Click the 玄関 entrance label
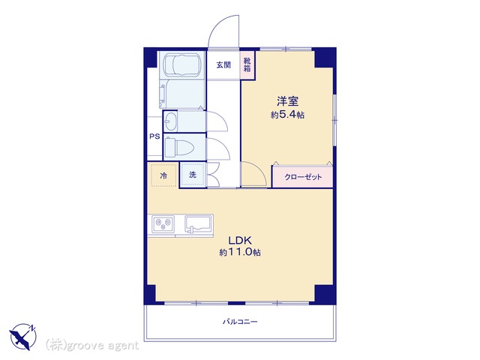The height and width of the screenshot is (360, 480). click(x=223, y=65)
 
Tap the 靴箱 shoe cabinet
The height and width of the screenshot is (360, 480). click(x=247, y=65)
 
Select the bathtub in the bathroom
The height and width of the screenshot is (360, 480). click(x=182, y=65)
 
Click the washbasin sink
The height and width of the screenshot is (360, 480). click(x=170, y=121)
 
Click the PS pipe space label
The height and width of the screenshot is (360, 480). click(x=154, y=136)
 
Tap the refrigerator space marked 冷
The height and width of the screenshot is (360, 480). click(x=163, y=175)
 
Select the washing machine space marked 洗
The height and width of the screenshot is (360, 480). click(x=193, y=175)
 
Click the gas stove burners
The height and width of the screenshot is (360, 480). click(x=163, y=223)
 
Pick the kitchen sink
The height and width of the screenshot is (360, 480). click(x=198, y=224)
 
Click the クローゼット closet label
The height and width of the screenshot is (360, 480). click(x=303, y=177)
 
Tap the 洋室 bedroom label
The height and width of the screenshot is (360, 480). click(x=287, y=101)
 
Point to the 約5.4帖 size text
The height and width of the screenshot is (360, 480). click(x=287, y=115)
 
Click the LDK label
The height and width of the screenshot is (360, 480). click(x=240, y=240)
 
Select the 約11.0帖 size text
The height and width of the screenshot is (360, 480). click(x=240, y=252)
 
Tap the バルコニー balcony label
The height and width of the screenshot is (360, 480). click(x=240, y=322)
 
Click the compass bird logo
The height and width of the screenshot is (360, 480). click(x=23, y=337)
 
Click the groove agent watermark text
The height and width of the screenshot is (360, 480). click(x=91, y=346)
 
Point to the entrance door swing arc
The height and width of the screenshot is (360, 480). click(x=217, y=24)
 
